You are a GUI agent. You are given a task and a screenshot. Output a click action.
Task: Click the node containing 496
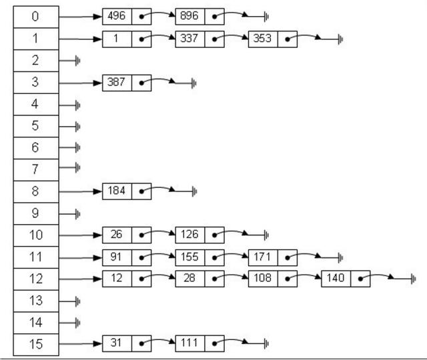coord(117,17)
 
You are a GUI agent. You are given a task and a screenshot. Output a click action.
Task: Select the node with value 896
coord(189,17)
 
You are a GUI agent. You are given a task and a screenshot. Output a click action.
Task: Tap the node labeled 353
coord(262,39)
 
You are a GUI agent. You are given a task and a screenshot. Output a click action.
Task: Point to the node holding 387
coord(117,83)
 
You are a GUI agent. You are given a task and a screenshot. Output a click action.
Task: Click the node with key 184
coord(117,191)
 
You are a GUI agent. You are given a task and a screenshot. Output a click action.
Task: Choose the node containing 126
coord(189,235)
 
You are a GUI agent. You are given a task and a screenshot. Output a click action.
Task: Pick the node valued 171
coord(262,257)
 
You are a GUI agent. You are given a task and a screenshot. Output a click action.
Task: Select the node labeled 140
coord(335,278)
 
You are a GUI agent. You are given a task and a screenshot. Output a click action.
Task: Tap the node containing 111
coord(189,343)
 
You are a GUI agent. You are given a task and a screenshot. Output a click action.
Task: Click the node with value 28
coord(189,278)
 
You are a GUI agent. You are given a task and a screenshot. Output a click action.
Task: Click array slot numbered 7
coord(36,169)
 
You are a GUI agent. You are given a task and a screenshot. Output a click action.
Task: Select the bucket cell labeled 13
coord(36,300)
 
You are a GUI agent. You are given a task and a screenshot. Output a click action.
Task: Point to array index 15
coord(36,344)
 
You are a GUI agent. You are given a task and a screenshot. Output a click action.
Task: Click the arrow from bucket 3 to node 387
coord(80,83)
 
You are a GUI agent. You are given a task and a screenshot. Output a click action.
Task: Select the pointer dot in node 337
coord(214,39)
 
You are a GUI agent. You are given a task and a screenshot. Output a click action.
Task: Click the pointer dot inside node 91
coord(141,257)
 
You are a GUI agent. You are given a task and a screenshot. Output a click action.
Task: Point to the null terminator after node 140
coord(413,278)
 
